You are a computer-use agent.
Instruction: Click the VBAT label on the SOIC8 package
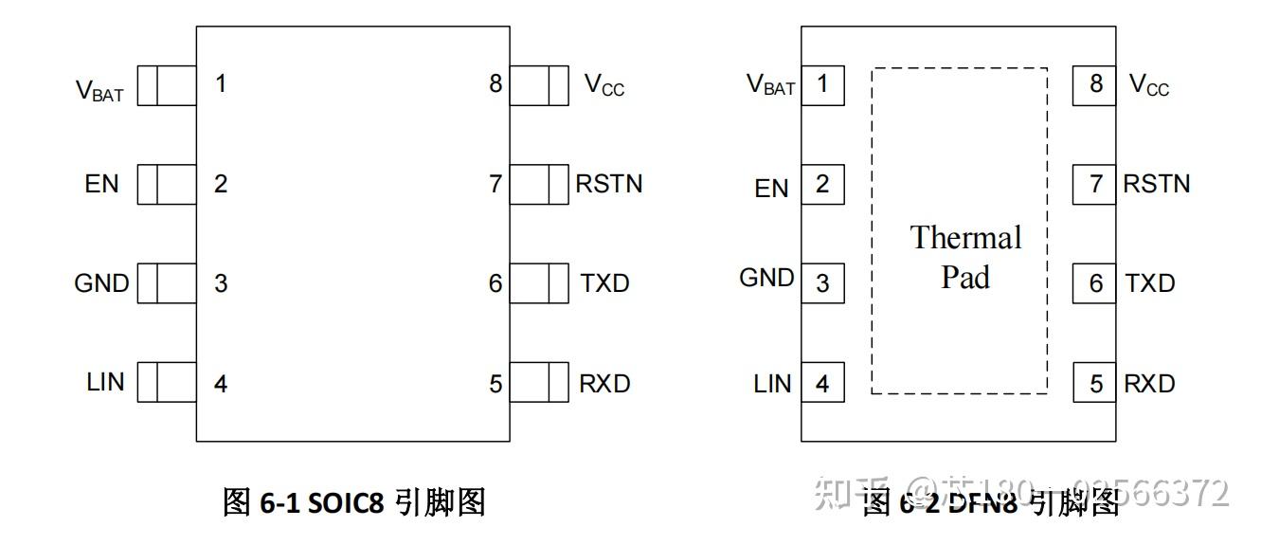(99, 90)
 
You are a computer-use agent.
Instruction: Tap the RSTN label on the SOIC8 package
(608, 183)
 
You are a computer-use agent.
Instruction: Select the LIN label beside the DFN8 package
(772, 383)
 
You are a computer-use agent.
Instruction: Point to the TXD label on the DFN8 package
(1150, 283)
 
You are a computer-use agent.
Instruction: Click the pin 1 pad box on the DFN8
(822, 84)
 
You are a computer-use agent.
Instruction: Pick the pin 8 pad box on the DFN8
(1095, 84)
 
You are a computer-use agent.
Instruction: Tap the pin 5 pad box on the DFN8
(1095, 383)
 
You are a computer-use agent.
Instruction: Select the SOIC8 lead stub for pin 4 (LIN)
(166, 382)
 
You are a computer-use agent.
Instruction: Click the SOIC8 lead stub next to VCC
(538, 84)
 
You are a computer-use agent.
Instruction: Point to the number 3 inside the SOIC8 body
(221, 283)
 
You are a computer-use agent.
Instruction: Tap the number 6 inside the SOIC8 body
(495, 283)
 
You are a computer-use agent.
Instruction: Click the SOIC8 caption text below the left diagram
(353, 502)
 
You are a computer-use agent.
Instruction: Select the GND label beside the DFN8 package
(766, 278)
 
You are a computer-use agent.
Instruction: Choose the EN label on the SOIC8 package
(101, 183)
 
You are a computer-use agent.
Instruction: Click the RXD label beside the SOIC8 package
(604, 383)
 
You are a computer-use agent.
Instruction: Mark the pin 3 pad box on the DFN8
(822, 282)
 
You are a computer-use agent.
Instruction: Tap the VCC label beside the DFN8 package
(1149, 85)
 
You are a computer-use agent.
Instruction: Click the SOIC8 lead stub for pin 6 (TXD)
(538, 282)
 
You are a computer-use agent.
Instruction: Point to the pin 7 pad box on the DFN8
(1095, 183)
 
